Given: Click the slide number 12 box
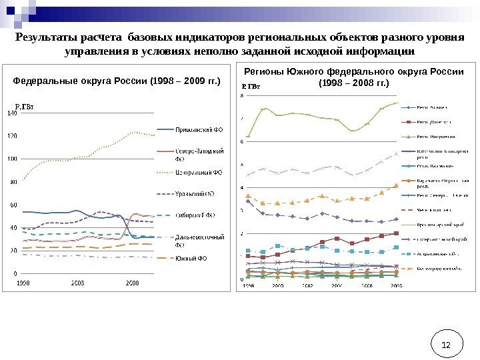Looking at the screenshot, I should point(446,345).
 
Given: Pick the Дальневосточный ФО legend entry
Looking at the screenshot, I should point(199,240).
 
